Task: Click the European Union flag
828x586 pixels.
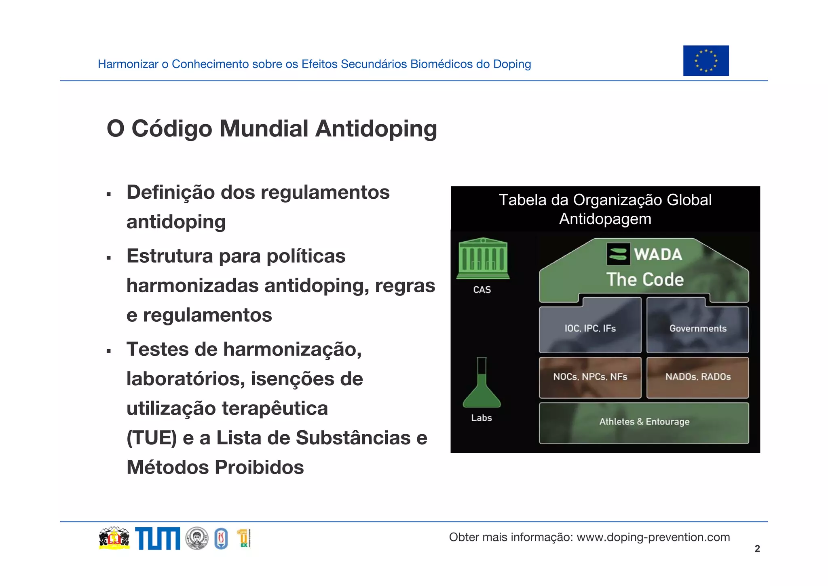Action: click(705, 61)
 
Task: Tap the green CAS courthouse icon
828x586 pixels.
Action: click(483, 259)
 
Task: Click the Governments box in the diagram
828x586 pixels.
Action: click(697, 328)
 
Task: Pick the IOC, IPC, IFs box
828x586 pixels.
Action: click(590, 328)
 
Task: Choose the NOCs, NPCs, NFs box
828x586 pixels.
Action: click(590, 377)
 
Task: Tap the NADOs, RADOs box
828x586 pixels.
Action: click(697, 377)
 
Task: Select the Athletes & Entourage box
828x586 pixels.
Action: click(644, 422)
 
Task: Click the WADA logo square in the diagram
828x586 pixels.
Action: click(618, 254)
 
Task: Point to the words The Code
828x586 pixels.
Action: click(645, 280)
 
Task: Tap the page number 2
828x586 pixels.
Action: click(757, 549)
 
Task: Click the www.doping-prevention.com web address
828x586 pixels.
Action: click(653, 537)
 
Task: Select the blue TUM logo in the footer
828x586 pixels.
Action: click(157, 539)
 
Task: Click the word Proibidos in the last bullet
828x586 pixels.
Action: click(259, 467)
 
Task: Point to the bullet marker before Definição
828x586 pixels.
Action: click(108, 195)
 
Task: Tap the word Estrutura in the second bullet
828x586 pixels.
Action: click(170, 256)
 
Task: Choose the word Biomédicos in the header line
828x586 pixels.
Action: click(441, 64)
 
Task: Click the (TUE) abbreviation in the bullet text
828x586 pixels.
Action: click(152, 438)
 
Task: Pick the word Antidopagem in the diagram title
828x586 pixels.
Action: click(605, 219)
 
